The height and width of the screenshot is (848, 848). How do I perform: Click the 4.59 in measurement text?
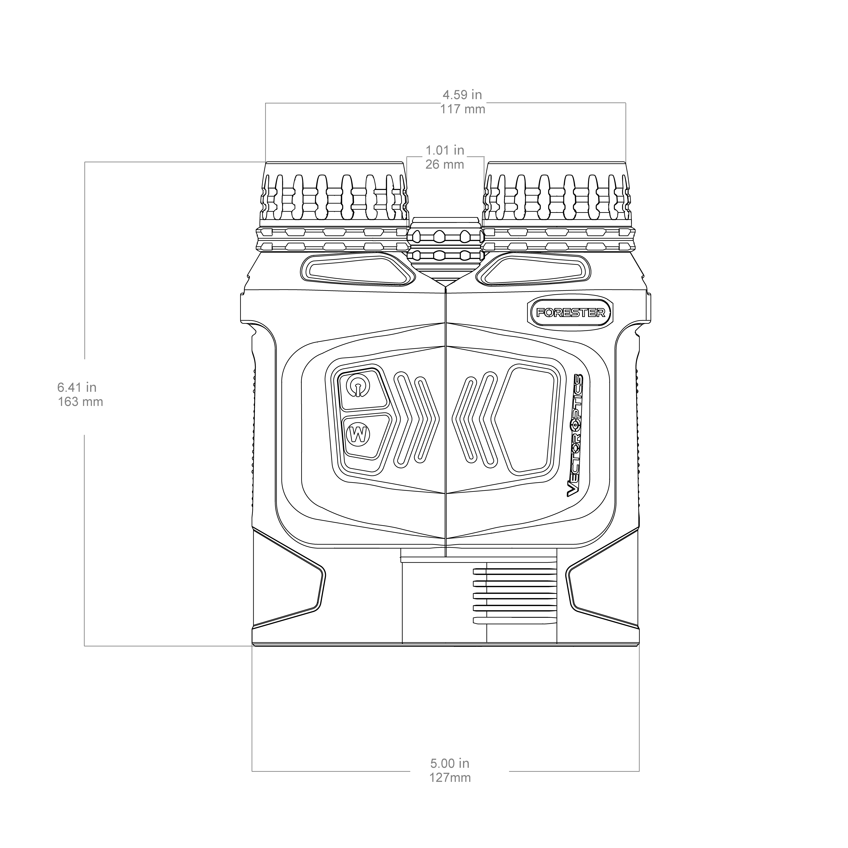click(462, 95)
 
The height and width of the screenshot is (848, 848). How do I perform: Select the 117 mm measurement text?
click(463, 109)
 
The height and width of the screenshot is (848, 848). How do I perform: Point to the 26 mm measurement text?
click(445, 165)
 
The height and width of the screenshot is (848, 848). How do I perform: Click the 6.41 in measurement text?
click(77, 387)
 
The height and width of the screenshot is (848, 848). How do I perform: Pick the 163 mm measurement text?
click(80, 402)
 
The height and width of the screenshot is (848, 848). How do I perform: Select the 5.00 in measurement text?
click(449, 763)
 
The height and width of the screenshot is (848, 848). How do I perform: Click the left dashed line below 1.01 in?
click(406, 198)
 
